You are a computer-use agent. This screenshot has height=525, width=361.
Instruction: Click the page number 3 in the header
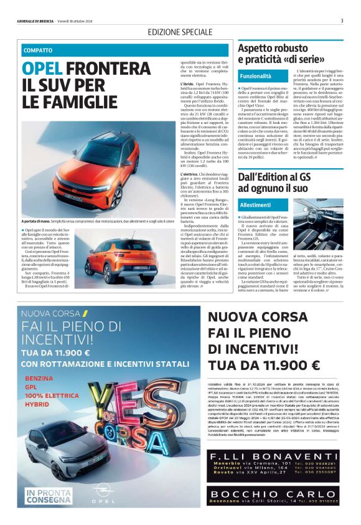tap(342, 21)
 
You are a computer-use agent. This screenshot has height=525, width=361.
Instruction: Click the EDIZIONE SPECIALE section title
tap(180, 32)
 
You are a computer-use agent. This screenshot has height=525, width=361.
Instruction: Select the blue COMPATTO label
tap(38, 50)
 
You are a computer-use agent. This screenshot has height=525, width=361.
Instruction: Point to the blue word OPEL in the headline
tap(42, 68)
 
